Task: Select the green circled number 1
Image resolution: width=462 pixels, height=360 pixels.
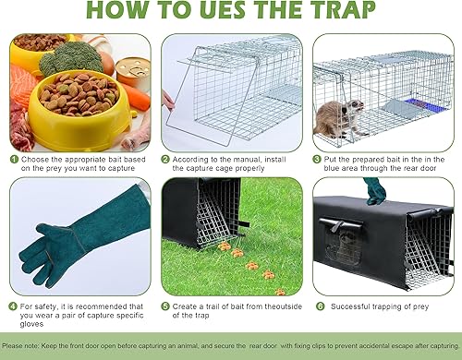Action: [x=14, y=158]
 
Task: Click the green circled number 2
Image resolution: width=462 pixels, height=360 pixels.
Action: [x=165, y=158]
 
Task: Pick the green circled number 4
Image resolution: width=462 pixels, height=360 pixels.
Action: [x=14, y=306]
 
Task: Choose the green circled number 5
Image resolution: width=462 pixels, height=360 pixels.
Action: [x=165, y=306]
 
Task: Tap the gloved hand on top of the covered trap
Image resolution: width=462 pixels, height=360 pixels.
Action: [x=374, y=190]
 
